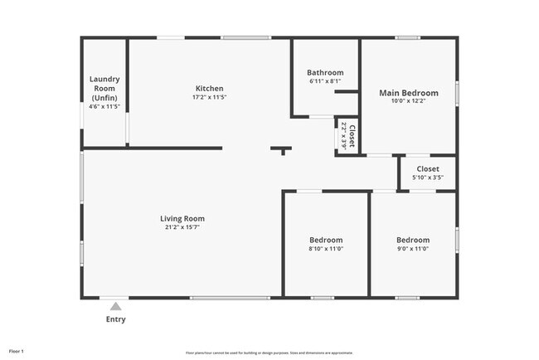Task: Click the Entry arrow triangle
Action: pos(115,306)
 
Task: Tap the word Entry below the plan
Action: pos(115,319)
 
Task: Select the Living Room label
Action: pos(182,219)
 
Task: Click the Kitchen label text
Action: pos(209,89)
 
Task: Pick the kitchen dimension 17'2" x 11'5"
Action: pos(209,97)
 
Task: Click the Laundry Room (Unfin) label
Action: pos(104,89)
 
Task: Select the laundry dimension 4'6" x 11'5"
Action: pos(104,106)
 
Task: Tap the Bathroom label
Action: pos(325,72)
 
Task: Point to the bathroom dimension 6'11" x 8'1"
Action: pos(325,80)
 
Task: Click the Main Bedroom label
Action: pos(407,92)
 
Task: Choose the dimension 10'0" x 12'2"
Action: pos(407,101)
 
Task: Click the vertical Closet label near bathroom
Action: pos(352,134)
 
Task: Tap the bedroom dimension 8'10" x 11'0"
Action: pos(326,248)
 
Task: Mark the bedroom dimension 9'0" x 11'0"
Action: pos(413,248)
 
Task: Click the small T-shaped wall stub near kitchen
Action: pos(282,150)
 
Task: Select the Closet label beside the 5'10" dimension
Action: pos(428,168)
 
